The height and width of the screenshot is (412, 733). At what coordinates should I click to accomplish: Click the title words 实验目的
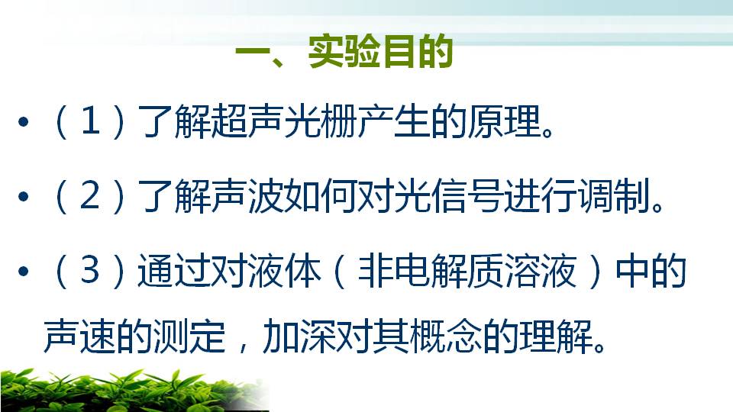coord(380,51)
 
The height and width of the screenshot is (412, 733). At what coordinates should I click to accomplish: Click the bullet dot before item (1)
coord(24,122)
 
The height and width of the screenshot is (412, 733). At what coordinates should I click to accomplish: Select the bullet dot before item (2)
coord(24,196)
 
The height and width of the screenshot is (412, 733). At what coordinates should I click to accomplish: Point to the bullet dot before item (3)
coord(24,271)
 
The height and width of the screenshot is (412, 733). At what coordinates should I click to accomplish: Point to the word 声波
coord(247,196)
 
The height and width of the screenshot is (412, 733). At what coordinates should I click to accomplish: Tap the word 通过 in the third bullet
coord(174,270)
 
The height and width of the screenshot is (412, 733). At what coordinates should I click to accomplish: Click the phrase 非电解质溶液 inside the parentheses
coord(467,270)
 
